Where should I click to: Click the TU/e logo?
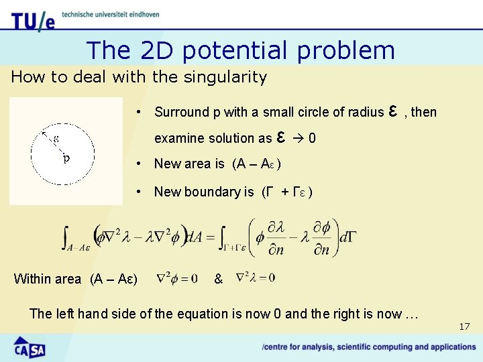pos(32,19)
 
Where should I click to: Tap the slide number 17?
pos(464,326)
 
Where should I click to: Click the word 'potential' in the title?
pos(239,50)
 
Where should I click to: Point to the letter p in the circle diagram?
pos(65,159)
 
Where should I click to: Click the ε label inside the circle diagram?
pos(56,139)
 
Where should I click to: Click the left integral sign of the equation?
pos(66,236)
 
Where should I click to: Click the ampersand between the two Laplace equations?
pos(218,278)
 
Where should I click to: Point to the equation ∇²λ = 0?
pos(255,277)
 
